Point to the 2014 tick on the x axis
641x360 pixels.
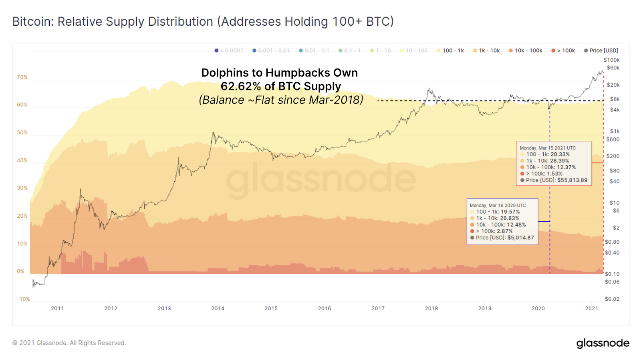[x=218, y=308]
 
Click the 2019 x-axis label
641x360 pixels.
[x=485, y=308]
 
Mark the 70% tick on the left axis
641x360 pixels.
[x=22, y=77]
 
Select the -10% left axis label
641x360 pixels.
[x=23, y=299]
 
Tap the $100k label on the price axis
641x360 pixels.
[x=611, y=60]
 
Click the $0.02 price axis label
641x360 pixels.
[x=612, y=299]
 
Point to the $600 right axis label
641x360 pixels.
[x=613, y=140]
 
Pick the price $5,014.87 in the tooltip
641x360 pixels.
[x=520, y=237]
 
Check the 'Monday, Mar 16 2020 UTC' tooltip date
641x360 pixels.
[x=498, y=205]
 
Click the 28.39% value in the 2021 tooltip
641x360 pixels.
[x=560, y=161]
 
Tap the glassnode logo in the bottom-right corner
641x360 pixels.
[x=603, y=343]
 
